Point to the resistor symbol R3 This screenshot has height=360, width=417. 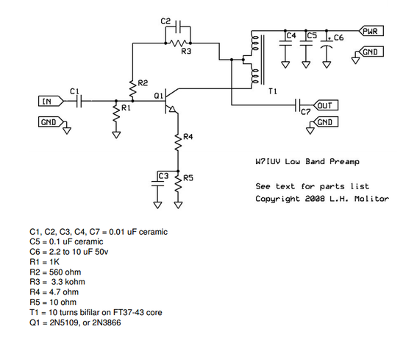(x=177, y=43)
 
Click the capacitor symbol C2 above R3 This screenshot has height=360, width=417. (x=177, y=29)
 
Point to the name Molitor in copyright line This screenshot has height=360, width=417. (x=372, y=199)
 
